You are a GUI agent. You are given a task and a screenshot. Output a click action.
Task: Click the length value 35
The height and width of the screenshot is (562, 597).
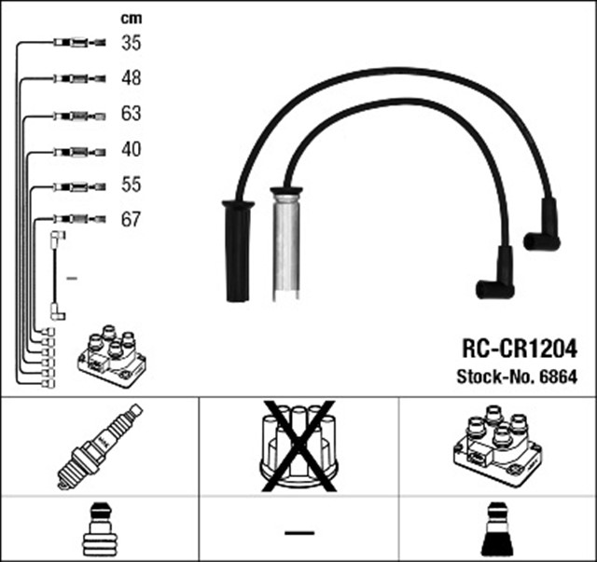[131, 43]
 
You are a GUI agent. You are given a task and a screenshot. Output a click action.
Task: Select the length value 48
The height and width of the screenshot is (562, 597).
[131, 78]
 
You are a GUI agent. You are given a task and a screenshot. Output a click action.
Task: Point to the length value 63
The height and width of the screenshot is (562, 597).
[131, 115]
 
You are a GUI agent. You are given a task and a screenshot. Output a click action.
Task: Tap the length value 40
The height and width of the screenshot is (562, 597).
[131, 149]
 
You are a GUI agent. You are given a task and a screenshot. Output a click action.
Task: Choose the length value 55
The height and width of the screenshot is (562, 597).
[131, 185]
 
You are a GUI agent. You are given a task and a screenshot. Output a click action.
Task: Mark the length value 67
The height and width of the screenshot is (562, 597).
[131, 220]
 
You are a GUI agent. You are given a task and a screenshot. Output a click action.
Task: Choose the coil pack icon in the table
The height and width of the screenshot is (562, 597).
[497, 445]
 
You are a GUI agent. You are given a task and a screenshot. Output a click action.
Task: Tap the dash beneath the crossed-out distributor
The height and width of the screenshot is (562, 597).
[298, 531]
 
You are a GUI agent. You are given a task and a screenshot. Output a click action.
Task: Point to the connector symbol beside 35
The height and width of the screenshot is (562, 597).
[75, 43]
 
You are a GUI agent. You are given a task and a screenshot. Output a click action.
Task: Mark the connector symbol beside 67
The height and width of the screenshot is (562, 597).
[75, 221]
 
